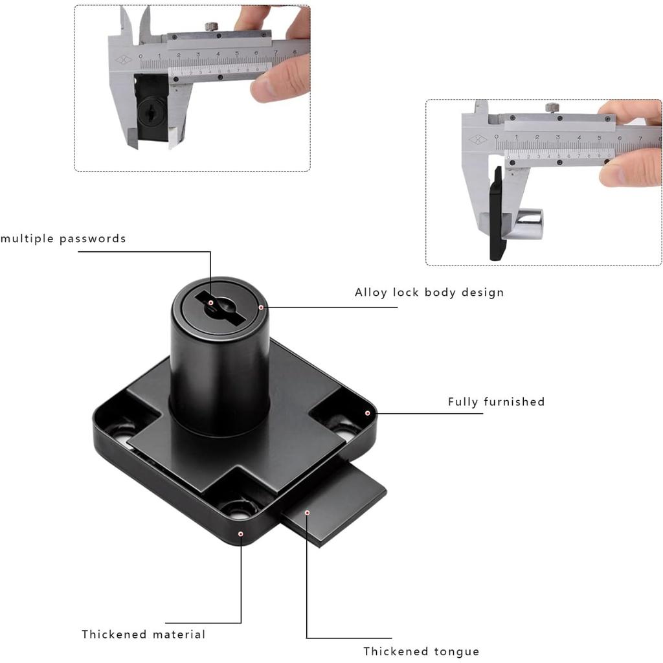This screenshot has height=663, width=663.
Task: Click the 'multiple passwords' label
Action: tap(63, 239)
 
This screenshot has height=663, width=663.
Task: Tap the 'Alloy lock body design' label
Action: tap(429, 293)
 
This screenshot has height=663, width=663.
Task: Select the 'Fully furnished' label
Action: tap(497, 401)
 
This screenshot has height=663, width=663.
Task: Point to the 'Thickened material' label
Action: tap(143, 635)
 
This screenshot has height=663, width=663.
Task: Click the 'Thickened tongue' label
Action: tap(421, 651)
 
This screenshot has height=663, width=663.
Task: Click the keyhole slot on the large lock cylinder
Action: tap(220, 309)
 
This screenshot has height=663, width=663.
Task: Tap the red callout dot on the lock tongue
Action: tap(308, 513)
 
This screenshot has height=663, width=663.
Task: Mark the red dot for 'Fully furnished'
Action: tap(368, 413)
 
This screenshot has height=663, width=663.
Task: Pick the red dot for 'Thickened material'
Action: tap(241, 534)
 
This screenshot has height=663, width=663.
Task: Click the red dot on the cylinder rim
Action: tap(261, 308)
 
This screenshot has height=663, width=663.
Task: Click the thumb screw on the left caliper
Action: tap(212, 27)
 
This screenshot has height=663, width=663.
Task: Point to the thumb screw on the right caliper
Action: tap(552, 107)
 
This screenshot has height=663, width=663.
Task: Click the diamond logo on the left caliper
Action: tap(124, 60)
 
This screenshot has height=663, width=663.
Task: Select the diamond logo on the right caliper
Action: tap(477, 140)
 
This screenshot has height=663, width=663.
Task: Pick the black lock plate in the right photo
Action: tap(497, 214)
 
